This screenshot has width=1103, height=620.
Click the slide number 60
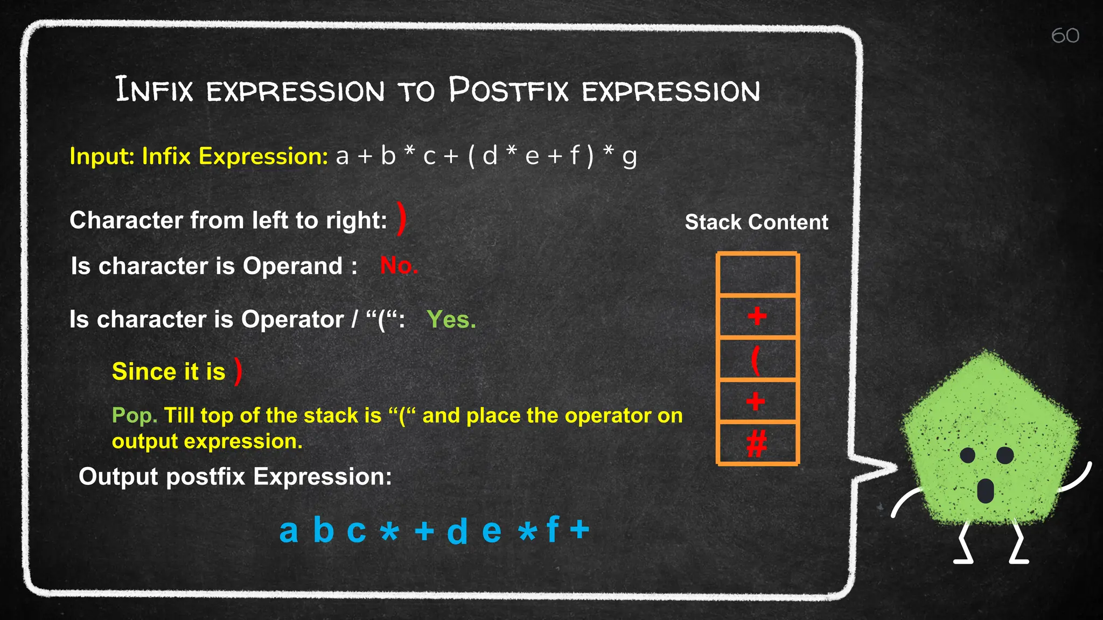1065,36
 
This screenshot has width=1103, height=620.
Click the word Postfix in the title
508,90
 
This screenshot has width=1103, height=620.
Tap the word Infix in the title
154,90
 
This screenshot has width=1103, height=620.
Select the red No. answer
399,265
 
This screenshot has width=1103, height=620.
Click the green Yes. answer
451,320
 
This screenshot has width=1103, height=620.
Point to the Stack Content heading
756,222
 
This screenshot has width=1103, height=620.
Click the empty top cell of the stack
757,274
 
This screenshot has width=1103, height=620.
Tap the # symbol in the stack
756,444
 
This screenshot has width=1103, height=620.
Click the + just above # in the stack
756,401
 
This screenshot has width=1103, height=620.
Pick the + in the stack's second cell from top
757,316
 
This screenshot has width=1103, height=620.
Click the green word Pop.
134,415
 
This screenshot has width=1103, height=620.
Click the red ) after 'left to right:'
401,219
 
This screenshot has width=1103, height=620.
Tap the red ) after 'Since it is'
238,371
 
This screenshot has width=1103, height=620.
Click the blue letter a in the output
289,531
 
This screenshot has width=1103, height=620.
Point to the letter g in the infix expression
629,157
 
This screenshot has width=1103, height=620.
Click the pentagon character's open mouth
985,490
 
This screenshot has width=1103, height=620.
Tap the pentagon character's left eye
968,455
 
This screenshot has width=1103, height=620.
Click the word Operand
292,266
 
